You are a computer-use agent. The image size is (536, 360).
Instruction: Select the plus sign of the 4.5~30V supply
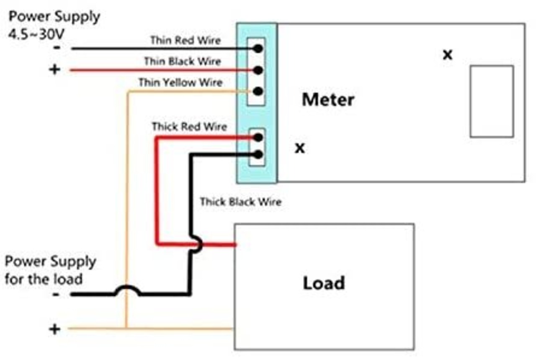point(54,69)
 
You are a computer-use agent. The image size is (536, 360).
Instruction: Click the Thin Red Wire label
point(185,40)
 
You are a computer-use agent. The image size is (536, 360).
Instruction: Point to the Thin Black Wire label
point(182,62)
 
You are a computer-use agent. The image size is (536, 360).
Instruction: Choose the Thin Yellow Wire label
point(180,82)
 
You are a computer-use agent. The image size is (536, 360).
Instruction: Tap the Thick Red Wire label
point(189,126)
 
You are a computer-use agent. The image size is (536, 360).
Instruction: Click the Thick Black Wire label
point(240,202)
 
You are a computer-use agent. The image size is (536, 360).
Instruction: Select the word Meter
point(328,100)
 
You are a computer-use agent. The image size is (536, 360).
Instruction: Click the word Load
point(324,283)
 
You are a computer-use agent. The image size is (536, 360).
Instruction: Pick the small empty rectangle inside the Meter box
point(492,101)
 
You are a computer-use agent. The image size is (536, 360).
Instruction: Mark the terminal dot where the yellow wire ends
point(258,91)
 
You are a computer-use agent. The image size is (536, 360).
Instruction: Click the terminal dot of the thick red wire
point(258,137)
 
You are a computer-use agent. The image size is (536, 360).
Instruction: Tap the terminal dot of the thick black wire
point(258,154)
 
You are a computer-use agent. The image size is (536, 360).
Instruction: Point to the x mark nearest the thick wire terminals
point(300,148)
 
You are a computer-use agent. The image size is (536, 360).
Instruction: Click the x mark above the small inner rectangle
point(448,54)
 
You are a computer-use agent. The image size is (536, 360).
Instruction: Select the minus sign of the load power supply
point(56,294)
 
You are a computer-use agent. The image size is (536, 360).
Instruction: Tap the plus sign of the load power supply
point(54,329)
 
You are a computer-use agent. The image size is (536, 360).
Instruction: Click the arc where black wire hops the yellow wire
point(127,289)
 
